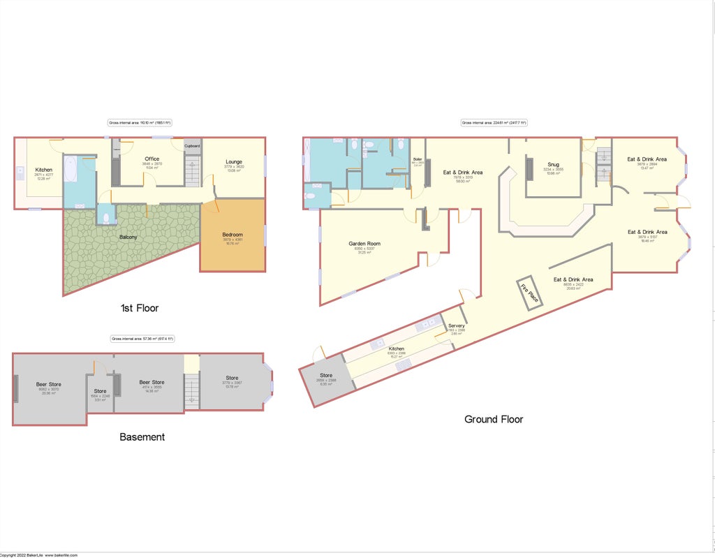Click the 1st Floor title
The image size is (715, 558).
click(x=140, y=308)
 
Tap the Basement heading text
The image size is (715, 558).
click(x=142, y=437)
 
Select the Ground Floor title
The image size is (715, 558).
click(x=494, y=419)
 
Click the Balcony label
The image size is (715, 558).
click(x=128, y=237)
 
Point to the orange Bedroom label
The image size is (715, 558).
click(x=232, y=234)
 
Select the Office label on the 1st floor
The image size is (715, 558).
click(x=152, y=159)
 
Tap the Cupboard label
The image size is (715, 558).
click(x=193, y=145)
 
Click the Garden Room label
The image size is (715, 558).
click(x=364, y=244)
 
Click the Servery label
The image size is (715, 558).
click(x=457, y=326)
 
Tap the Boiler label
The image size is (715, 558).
click(x=418, y=159)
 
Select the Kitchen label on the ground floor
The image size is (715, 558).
click(x=396, y=348)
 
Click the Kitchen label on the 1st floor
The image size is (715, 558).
click(x=43, y=170)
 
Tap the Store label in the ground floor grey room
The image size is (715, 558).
click(x=326, y=376)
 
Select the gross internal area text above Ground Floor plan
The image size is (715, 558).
click(x=494, y=123)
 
